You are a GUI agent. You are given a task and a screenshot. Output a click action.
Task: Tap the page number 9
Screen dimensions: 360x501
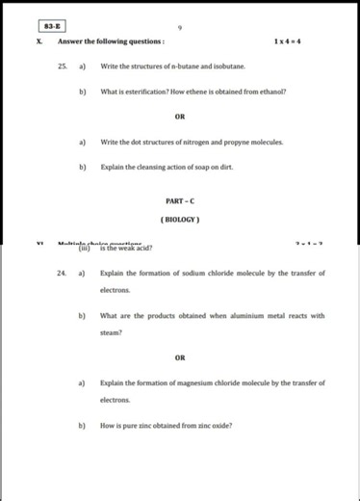coord(180,27)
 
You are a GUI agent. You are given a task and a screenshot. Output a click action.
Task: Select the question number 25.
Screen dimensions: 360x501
coord(62,66)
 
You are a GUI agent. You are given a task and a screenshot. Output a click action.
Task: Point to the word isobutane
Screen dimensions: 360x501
coord(228,66)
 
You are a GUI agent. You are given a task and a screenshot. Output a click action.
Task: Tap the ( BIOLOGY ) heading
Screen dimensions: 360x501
coord(180,219)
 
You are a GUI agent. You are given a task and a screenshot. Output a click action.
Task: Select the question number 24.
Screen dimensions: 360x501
coord(62,273)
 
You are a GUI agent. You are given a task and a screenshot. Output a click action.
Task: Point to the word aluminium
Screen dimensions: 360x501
coord(241,315)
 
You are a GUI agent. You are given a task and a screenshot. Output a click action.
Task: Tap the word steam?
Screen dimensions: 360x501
coord(112,332)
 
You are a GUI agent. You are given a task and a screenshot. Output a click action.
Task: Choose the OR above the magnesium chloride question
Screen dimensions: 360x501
coord(180,357)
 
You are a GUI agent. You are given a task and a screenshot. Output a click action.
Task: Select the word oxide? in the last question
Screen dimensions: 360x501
coord(219,425)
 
